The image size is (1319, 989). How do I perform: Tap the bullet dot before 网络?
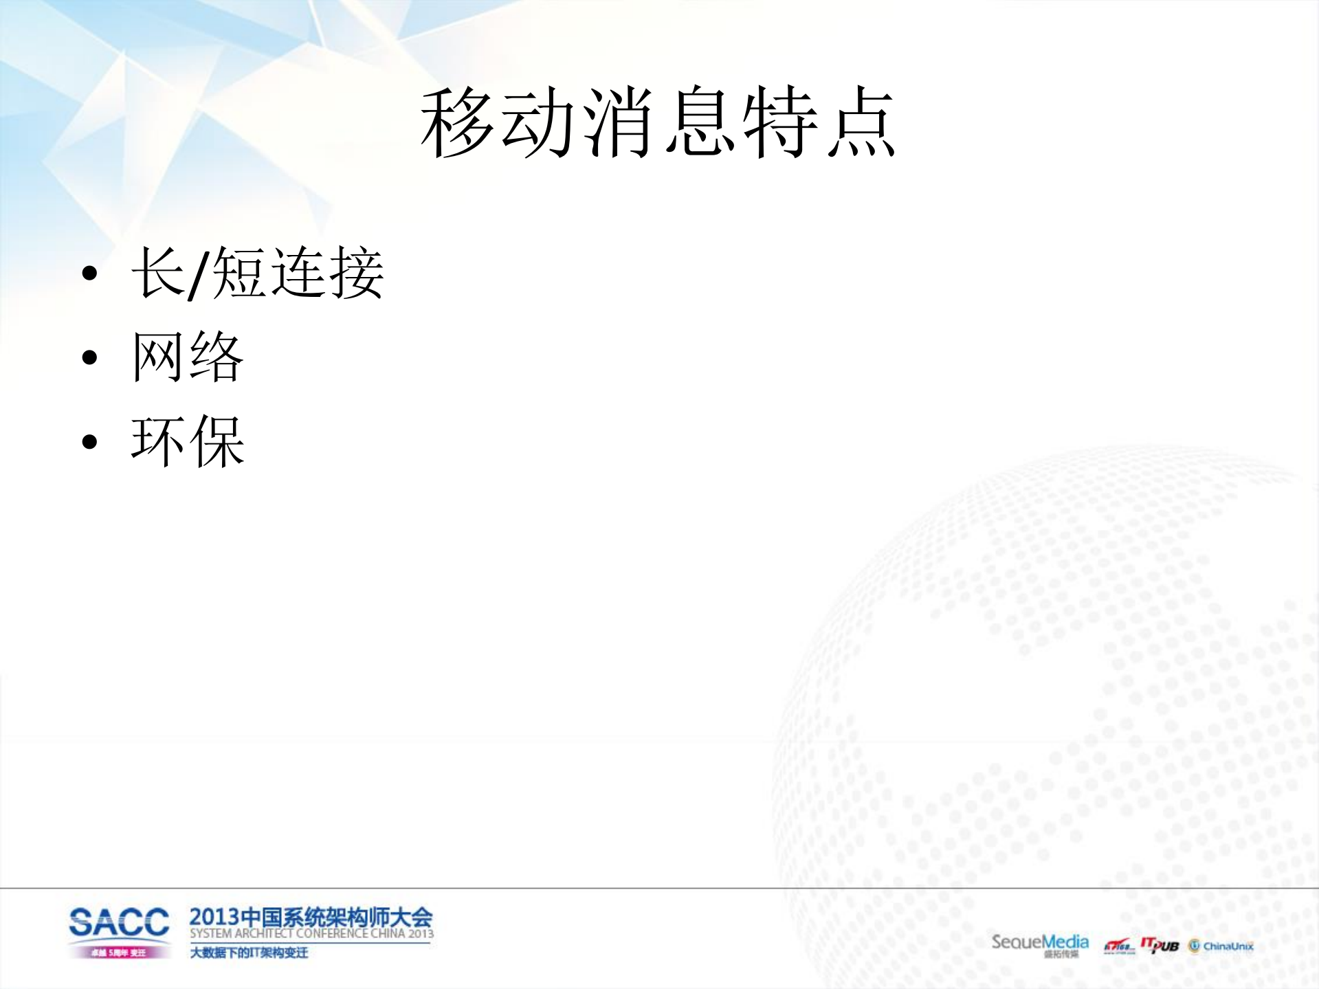pos(89,357)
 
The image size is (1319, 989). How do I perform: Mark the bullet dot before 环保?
pos(89,441)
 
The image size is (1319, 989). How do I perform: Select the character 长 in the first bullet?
pos(158,274)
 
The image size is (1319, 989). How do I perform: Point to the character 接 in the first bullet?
pos(356,274)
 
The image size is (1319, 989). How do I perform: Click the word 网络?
pos(188,357)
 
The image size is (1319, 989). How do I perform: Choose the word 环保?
pos(188,441)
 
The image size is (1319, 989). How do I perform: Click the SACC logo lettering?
pos(119,922)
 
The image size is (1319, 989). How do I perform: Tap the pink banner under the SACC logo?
pos(119,953)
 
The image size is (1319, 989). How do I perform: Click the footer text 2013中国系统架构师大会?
pos(311,917)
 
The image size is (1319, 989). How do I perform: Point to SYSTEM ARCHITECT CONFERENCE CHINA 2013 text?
pos(311,934)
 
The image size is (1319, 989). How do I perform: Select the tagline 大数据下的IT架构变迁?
pos(249,953)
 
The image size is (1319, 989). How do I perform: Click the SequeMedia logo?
pos(1039,943)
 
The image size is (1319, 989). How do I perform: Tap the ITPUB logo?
pos(1160,945)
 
